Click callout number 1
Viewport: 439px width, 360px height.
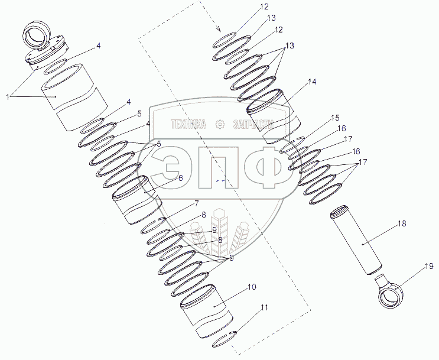click(8, 97)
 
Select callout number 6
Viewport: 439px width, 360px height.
click(180, 177)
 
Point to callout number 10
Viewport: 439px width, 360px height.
click(252, 287)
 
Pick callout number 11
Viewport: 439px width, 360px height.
click(264, 307)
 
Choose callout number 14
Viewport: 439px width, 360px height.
click(312, 82)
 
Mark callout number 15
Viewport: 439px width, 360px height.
click(335, 118)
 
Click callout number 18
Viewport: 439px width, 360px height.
click(402, 224)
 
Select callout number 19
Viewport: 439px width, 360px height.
click(429, 266)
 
